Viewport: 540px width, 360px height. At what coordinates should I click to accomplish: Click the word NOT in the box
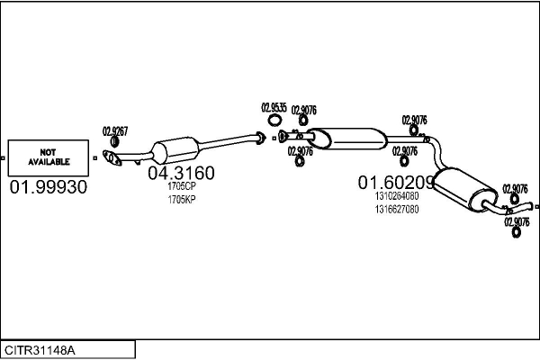click(49, 151)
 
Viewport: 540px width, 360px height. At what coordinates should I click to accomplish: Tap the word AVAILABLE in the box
click(49, 162)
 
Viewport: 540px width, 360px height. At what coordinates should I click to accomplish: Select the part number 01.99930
click(49, 187)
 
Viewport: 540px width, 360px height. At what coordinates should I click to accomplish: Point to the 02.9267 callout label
click(114, 130)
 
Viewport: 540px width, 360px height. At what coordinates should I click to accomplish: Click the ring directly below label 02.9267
click(114, 142)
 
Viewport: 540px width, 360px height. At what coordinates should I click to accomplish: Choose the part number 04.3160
click(181, 173)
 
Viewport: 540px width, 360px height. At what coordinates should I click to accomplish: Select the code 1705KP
click(181, 199)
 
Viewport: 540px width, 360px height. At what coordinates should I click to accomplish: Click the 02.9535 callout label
click(274, 108)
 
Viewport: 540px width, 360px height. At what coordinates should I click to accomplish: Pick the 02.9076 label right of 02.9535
click(303, 110)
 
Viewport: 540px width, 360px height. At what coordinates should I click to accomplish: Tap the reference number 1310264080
click(397, 196)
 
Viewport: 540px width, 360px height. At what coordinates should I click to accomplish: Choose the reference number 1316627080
click(397, 209)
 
